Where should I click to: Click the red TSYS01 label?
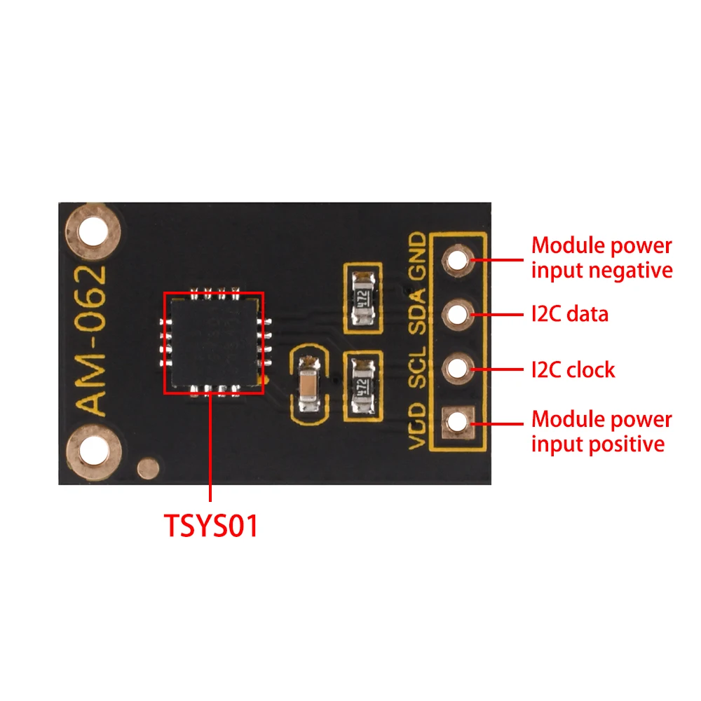(x=211, y=526)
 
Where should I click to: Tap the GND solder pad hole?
(x=457, y=261)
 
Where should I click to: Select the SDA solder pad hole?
(x=457, y=313)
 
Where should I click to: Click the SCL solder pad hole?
(x=457, y=367)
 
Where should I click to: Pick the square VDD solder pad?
(x=457, y=421)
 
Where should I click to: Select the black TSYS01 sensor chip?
(x=214, y=342)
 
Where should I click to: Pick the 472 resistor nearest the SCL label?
(x=362, y=386)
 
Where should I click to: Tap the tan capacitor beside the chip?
(x=308, y=385)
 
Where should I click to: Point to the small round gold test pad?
(x=147, y=467)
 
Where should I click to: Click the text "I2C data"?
(x=569, y=314)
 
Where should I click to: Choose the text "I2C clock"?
(x=573, y=369)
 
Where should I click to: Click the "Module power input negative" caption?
(x=601, y=257)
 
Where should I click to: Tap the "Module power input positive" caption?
(x=601, y=431)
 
